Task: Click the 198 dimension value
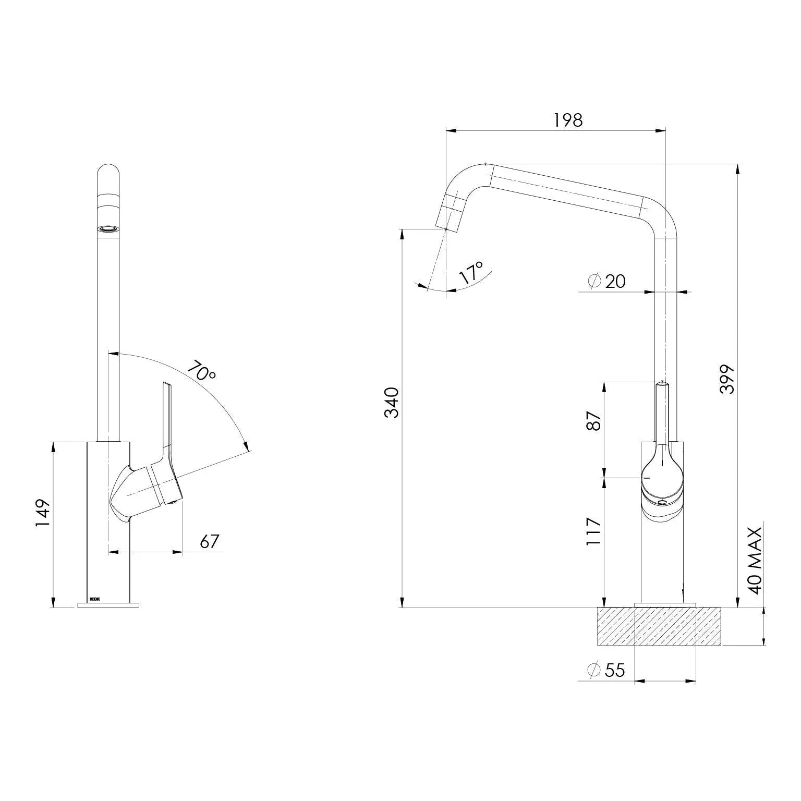(568, 120)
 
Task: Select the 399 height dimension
(726, 379)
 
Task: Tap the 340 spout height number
(391, 402)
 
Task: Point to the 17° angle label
(471, 273)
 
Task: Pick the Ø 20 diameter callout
(606, 281)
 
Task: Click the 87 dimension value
(594, 421)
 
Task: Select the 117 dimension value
(594, 531)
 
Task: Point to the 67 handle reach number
(209, 542)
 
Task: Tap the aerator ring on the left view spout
(108, 228)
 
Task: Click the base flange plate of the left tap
(108, 605)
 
